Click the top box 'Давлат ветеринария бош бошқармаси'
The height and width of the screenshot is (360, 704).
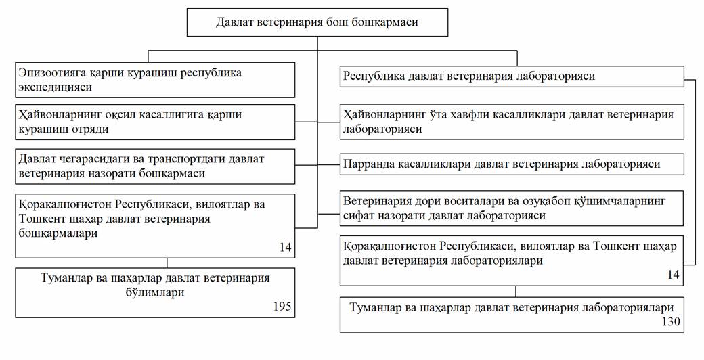(317, 22)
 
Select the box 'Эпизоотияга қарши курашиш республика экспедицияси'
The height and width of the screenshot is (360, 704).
(155, 80)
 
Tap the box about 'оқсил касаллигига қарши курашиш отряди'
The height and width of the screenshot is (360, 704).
(155, 122)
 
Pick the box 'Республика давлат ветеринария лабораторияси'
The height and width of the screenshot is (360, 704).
(512, 76)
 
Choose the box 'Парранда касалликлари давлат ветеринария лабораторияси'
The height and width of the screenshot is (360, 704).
(512, 164)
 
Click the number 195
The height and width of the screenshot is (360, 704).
(282, 307)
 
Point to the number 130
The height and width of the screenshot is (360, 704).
(672, 321)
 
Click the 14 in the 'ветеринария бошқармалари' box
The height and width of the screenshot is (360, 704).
(286, 247)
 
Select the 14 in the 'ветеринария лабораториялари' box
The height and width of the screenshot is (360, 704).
(674, 275)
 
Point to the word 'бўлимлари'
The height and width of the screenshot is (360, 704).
(155, 293)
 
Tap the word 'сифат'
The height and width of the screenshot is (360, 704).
(360, 215)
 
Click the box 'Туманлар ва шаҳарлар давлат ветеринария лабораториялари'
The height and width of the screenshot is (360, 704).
(512, 314)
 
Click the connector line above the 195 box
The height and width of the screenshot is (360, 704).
(167, 263)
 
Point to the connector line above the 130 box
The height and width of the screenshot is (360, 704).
(515, 292)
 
